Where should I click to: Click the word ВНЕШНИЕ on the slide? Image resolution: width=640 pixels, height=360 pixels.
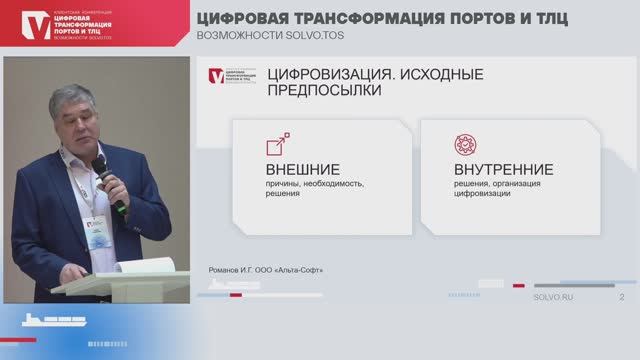pyautogui.click(x=302, y=169)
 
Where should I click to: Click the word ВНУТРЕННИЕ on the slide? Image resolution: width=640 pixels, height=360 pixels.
pyautogui.click(x=489, y=169)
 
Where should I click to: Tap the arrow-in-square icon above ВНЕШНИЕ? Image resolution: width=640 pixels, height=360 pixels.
pyautogui.click(x=277, y=144)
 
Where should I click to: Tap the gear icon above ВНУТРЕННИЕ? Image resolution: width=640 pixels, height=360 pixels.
pyautogui.click(x=465, y=143)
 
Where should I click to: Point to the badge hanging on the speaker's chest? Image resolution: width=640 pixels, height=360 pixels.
pyautogui.click(x=97, y=233)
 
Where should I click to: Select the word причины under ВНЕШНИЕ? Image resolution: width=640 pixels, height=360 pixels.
pyautogui.click(x=285, y=185)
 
